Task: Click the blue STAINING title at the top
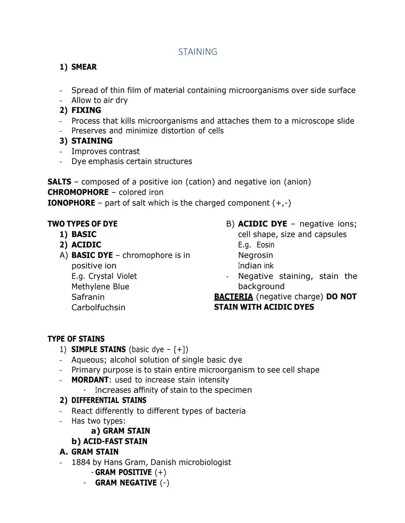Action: [198, 52]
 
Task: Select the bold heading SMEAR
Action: [84, 67]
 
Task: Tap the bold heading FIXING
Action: [86, 110]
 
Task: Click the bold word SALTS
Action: [59, 182]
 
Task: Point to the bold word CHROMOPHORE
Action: [78, 192]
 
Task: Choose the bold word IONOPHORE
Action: [71, 203]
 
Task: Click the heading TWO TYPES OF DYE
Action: [82, 224]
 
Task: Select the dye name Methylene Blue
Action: [100, 287]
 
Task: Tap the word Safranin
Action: [88, 297]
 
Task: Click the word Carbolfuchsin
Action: [98, 308]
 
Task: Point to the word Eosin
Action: [265, 245]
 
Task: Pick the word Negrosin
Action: [255, 255]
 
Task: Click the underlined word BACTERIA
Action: [233, 297]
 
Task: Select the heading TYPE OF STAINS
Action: [76, 339]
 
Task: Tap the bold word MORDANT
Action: [90, 380]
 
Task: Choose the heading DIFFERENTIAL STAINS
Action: [109, 401]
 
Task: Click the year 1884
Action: [81, 462]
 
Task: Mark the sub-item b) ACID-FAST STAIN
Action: [109, 441]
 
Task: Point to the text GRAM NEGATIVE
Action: [126, 483]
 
